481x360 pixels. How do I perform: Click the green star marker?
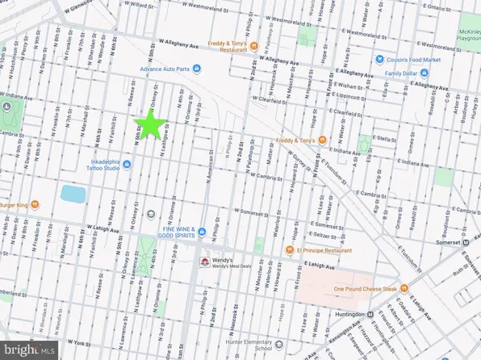149,124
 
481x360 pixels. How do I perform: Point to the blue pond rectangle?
73,195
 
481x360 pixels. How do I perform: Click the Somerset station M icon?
466,241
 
